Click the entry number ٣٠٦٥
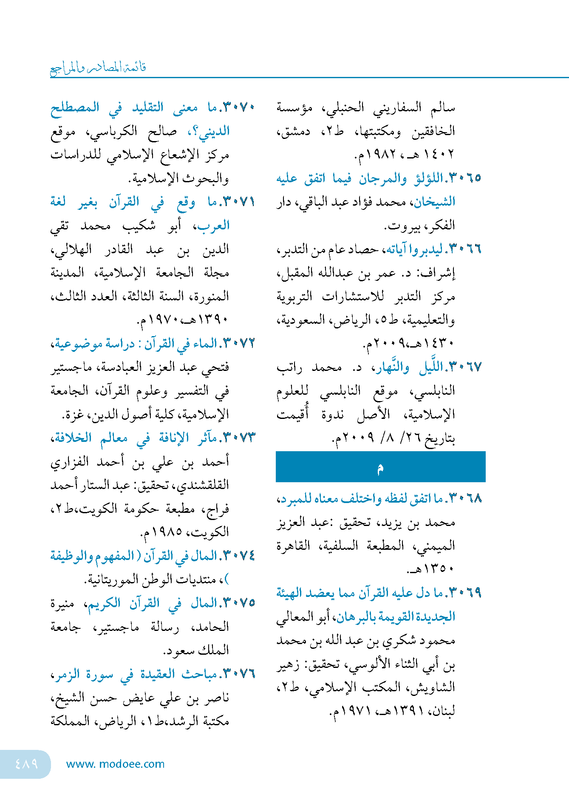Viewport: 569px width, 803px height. click(465, 178)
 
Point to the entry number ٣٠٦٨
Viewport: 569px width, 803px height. click(465, 498)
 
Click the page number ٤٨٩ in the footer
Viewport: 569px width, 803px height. click(26, 764)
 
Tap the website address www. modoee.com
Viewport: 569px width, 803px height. click(115, 764)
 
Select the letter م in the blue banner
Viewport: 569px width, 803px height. click(380, 468)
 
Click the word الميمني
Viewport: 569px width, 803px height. click(436, 546)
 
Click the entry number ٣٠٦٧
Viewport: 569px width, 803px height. click(465, 367)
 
